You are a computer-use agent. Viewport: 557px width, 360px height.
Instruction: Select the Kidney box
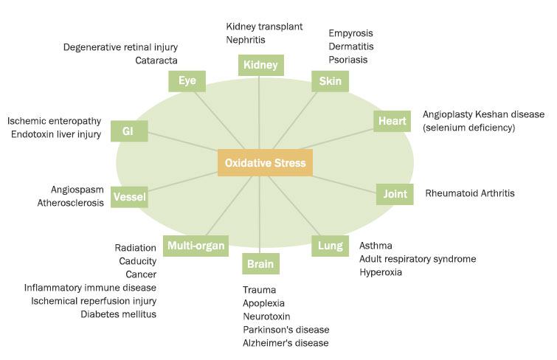pyautogui.click(x=260, y=66)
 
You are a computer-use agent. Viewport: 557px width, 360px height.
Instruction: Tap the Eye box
pyautogui.click(x=187, y=80)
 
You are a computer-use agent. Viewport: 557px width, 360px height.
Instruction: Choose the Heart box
pyautogui.click(x=392, y=120)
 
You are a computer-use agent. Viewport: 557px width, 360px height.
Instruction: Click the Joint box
pyautogui.click(x=394, y=194)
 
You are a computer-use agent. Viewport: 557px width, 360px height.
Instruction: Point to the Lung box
pyautogui.click(x=330, y=246)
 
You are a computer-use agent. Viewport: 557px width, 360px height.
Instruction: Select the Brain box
pyautogui.click(x=260, y=263)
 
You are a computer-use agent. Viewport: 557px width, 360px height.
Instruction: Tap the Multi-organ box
pyautogui.click(x=196, y=246)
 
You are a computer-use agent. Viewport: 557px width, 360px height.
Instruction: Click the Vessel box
pyautogui.click(x=130, y=197)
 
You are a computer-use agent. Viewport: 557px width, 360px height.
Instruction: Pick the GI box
pyautogui.click(x=128, y=131)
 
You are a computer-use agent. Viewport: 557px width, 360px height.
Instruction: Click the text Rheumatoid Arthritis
pyautogui.click(x=470, y=193)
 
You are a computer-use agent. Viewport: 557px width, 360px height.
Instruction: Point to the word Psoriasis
pyautogui.click(x=348, y=60)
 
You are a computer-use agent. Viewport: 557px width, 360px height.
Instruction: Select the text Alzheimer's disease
pyautogui.click(x=286, y=343)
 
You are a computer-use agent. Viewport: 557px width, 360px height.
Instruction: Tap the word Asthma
pyautogui.click(x=376, y=246)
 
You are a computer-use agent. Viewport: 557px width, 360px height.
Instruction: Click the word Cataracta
pyautogui.click(x=156, y=60)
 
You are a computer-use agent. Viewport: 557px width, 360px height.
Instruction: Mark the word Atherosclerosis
pyautogui.click(x=71, y=203)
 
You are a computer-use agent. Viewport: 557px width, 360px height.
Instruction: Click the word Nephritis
pyautogui.click(x=246, y=41)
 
